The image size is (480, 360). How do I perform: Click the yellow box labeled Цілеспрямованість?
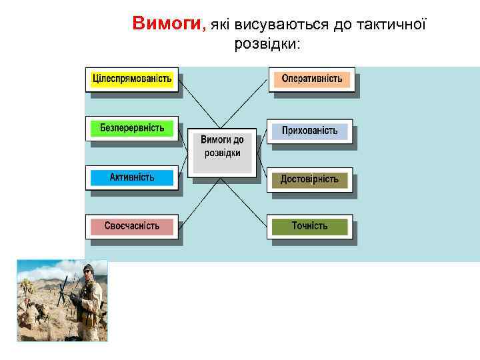coord(132,79)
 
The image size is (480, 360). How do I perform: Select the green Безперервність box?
coord(132,127)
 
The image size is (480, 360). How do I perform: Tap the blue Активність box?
coord(132,177)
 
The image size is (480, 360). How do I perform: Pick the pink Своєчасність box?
coord(132,226)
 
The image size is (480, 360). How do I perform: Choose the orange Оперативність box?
coord(311,79)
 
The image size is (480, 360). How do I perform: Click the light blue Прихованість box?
coord(309,131)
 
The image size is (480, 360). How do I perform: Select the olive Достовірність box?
coord(309,179)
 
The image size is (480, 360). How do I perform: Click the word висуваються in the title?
coord(271,25)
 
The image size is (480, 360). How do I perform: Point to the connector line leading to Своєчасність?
coord(197,203)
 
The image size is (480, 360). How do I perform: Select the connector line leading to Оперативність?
coord(250,100)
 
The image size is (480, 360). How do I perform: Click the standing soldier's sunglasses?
coord(88,271)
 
